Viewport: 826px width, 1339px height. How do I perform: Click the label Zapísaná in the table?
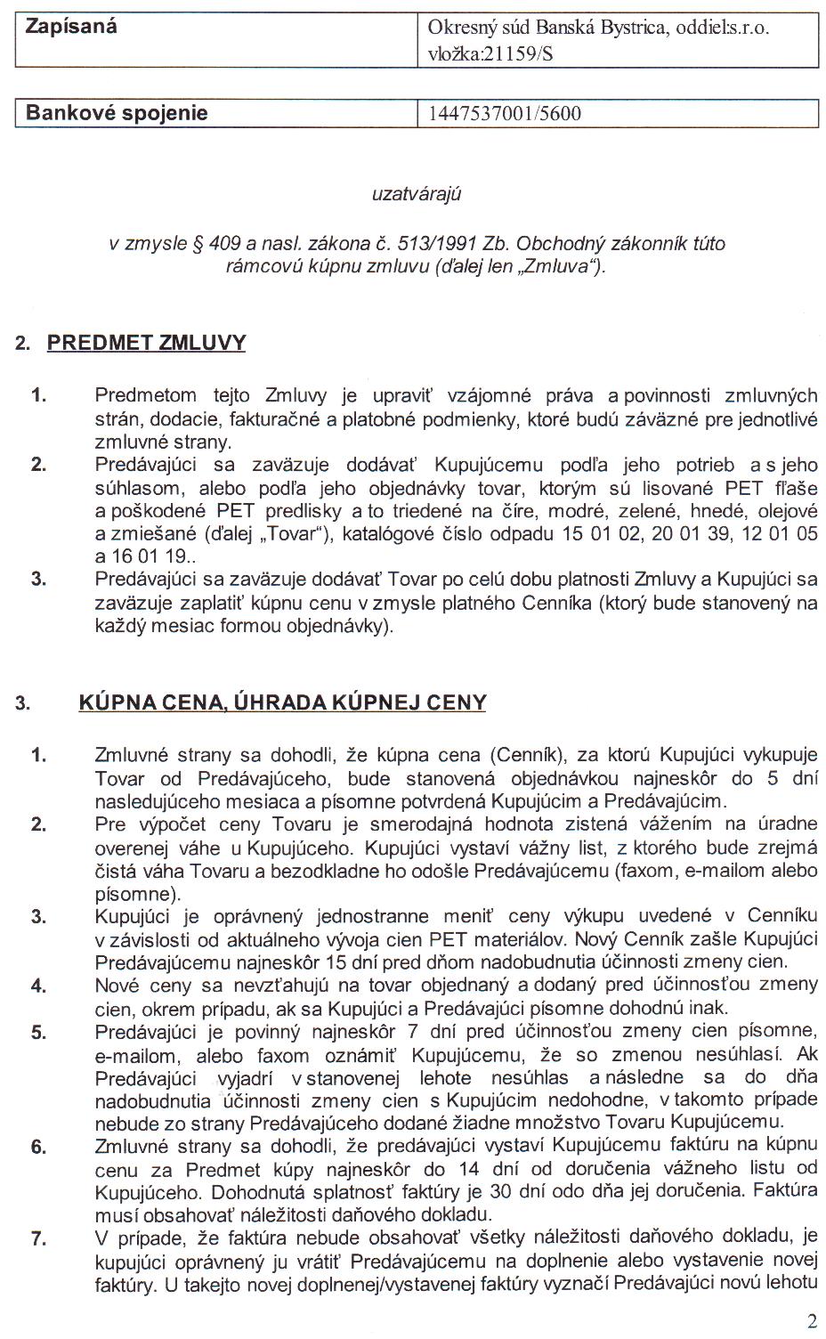coord(71,26)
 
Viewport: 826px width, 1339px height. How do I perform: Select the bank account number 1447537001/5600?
coord(505,113)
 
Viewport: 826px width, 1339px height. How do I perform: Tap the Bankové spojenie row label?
coord(117,113)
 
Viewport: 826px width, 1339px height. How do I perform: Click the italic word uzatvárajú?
coord(417,193)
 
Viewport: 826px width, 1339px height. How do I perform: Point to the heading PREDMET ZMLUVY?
coord(146,343)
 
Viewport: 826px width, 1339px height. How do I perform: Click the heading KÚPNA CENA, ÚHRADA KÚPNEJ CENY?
coord(282,702)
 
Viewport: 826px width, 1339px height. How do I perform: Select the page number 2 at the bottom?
coord(811,1319)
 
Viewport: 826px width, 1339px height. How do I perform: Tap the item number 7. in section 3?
coord(38,1237)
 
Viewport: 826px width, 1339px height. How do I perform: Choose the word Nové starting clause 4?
coord(117,985)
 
